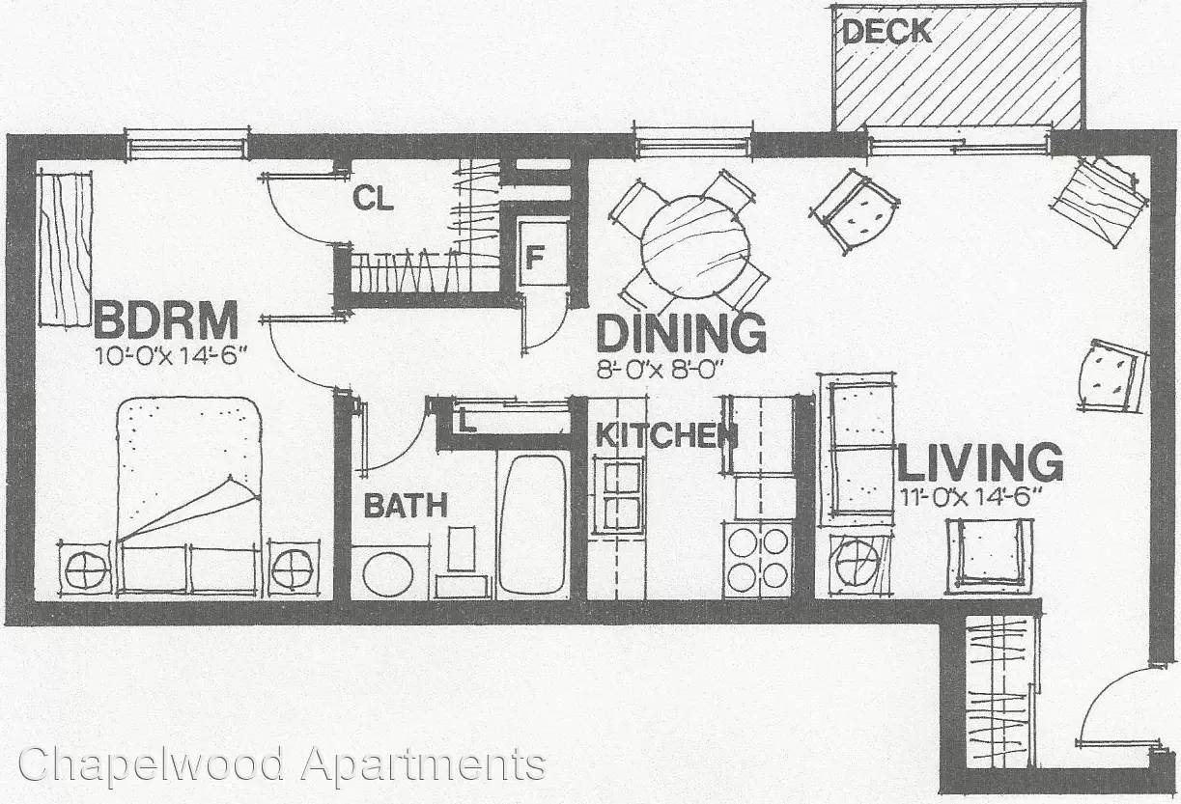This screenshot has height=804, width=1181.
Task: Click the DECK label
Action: pyautogui.click(x=886, y=32)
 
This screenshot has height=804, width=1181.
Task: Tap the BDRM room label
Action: pyautogui.click(x=165, y=320)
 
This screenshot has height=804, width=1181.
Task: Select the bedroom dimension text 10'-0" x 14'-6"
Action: pyautogui.click(x=171, y=355)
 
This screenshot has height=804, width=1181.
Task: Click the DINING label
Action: pyautogui.click(x=681, y=333)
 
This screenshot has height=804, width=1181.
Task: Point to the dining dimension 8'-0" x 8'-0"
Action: pyautogui.click(x=659, y=370)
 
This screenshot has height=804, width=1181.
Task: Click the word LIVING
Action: pyautogui.click(x=980, y=462)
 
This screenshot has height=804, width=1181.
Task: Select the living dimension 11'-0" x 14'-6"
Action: pyautogui.click(x=966, y=497)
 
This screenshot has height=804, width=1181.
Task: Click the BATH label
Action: pyautogui.click(x=406, y=506)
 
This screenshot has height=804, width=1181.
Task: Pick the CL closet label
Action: pyautogui.click(x=373, y=199)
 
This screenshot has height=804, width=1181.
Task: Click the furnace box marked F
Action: pyautogui.click(x=543, y=254)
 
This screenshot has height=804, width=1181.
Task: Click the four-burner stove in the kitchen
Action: pyautogui.click(x=758, y=560)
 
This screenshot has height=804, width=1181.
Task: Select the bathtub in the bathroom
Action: pyautogui.click(x=532, y=525)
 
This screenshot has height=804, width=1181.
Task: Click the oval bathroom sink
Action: pyautogui.click(x=387, y=574)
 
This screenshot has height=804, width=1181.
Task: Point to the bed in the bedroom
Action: pyautogui.click(x=189, y=497)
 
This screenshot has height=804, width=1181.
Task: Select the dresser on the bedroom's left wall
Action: pyautogui.click(x=66, y=250)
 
